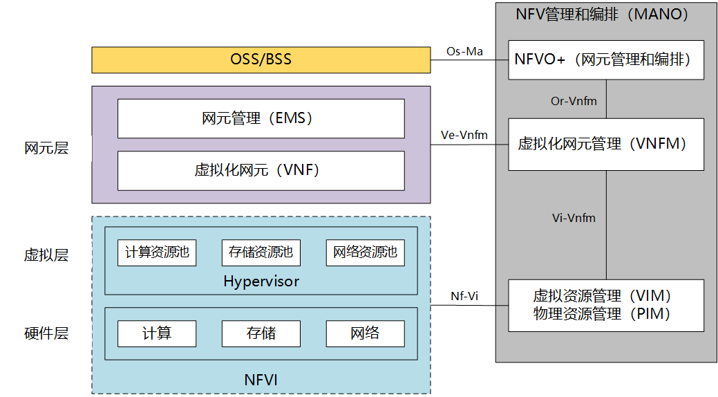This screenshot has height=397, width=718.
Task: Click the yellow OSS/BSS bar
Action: pos(261,59)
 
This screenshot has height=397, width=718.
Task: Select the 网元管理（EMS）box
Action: pos(261,118)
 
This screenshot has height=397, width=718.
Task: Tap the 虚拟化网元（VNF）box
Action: pos(261,171)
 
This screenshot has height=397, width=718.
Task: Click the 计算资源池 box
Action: pos(157,252)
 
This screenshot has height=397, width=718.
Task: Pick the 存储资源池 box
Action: pos(261,252)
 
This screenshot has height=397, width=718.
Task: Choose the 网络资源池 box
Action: pos(365,252)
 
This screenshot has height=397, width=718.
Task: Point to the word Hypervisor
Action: pos(261,281)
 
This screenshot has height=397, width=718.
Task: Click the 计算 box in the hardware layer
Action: pos(157,333)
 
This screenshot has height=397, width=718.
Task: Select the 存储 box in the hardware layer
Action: pos(261,333)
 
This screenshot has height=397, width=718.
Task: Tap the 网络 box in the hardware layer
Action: pos(365,333)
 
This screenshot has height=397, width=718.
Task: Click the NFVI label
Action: pos(261,379)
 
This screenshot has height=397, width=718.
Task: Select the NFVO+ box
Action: pos(606,59)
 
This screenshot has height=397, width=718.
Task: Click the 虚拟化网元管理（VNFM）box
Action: pos(606,144)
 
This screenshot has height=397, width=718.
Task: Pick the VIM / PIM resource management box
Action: pos(606,305)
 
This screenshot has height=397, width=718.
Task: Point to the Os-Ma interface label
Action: pos(465,51)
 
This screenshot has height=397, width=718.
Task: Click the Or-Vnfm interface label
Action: pos(574,101)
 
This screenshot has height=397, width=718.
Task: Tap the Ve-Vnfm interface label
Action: pos(464,135)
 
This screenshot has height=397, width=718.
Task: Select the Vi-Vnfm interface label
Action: pos(574,218)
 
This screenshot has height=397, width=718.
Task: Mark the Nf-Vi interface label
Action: pos(464,296)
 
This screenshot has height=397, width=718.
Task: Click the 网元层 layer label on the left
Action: pos(46,148)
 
